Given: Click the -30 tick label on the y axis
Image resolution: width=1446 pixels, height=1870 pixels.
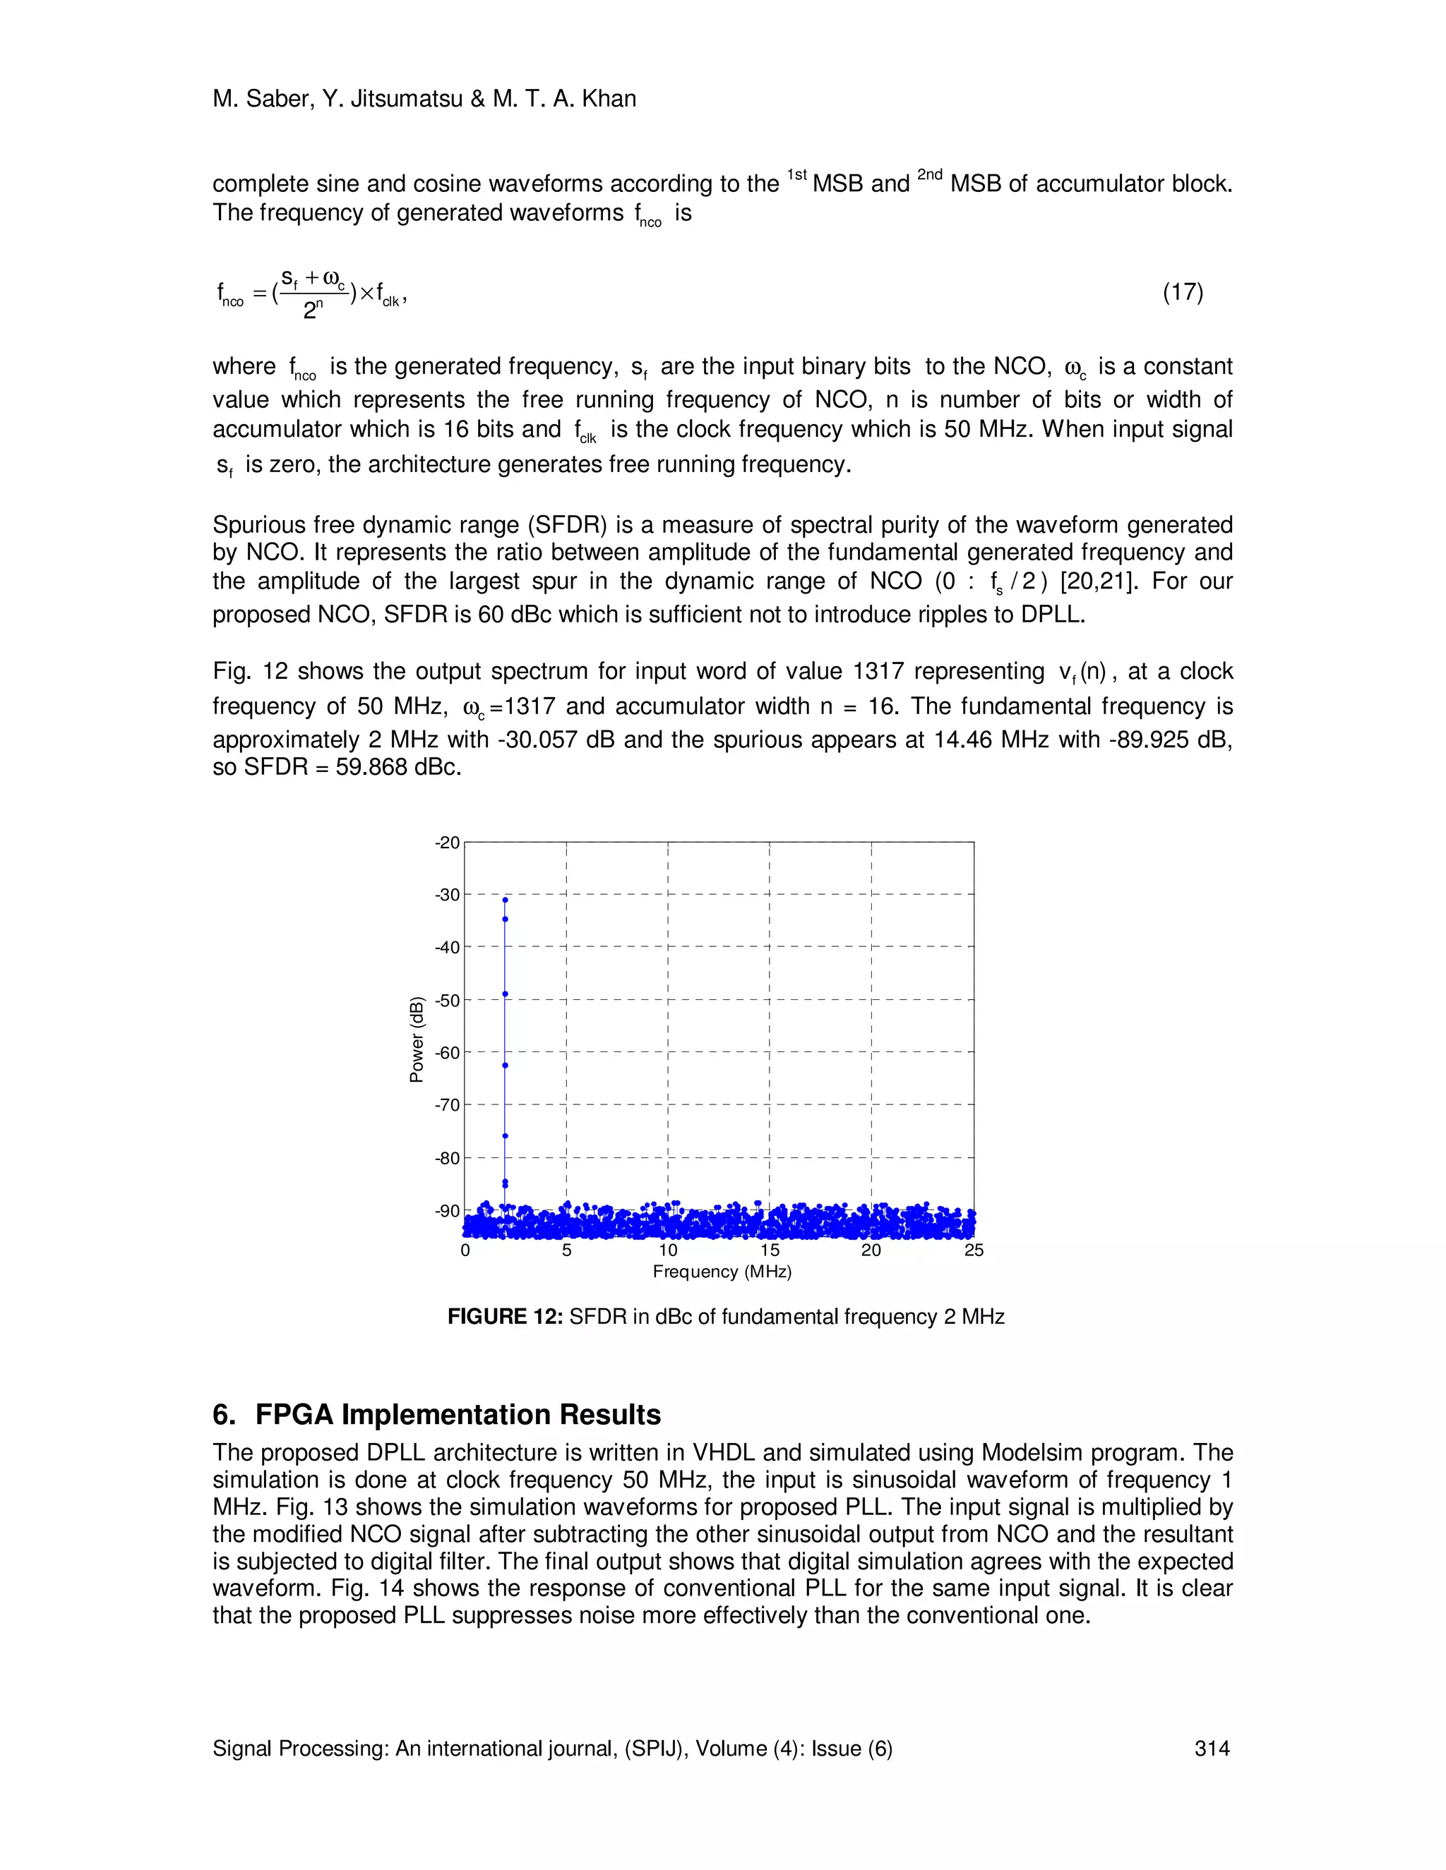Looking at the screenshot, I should pyautogui.click(x=447, y=895).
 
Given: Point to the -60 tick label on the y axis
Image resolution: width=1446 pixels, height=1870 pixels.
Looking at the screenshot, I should pyautogui.click(x=447, y=1052).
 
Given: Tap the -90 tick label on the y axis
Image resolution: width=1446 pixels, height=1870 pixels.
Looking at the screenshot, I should pyautogui.click(x=447, y=1211).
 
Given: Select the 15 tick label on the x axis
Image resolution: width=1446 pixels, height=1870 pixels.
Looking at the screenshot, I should pyautogui.click(x=770, y=1250).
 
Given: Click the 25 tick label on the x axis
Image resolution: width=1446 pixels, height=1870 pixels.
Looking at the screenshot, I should pyautogui.click(x=973, y=1250).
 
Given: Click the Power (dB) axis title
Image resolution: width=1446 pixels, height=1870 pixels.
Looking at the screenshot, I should pyautogui.click(x=417, y=1039).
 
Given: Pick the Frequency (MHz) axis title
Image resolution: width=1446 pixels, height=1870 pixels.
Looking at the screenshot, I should pyautogui.click(x=722, y=1272).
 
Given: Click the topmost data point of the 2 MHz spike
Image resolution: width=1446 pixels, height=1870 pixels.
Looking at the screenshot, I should pyautogui.click(x=506, y=900).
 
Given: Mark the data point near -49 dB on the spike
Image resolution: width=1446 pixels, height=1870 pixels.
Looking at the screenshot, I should pyautogui.click(x=506, y=994).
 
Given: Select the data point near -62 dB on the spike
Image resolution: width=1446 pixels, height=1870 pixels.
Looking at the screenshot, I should pyautogui.click(x=506, y=1065).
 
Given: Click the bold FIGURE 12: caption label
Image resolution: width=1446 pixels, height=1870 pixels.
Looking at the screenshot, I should pyautogui.click(x=505, y=1317).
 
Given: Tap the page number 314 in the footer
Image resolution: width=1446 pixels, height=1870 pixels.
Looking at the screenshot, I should pyautogui.click(x=1212, y=1749).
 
